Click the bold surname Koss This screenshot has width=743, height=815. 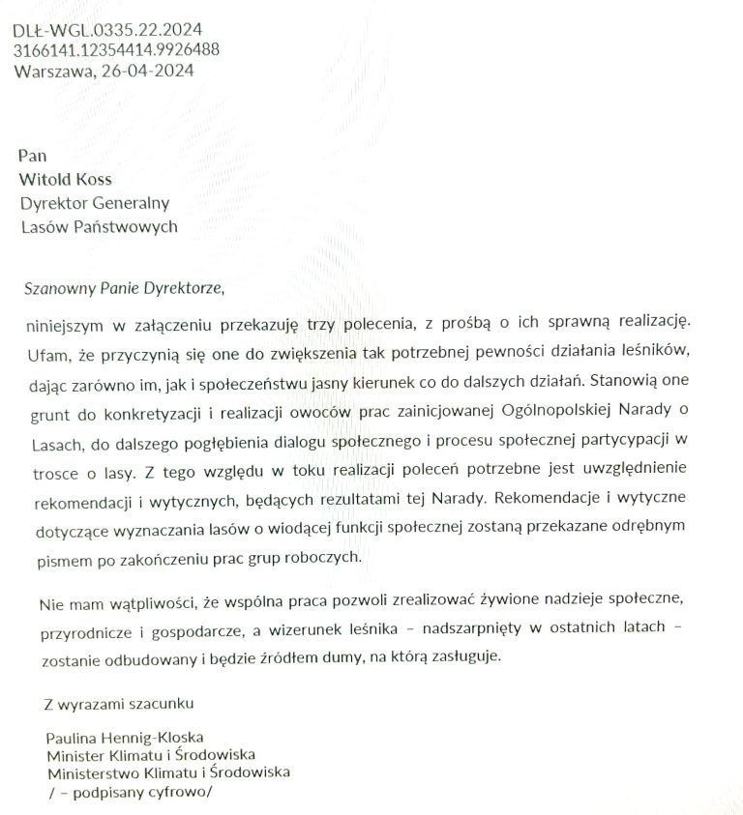[x=93, y=179]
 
